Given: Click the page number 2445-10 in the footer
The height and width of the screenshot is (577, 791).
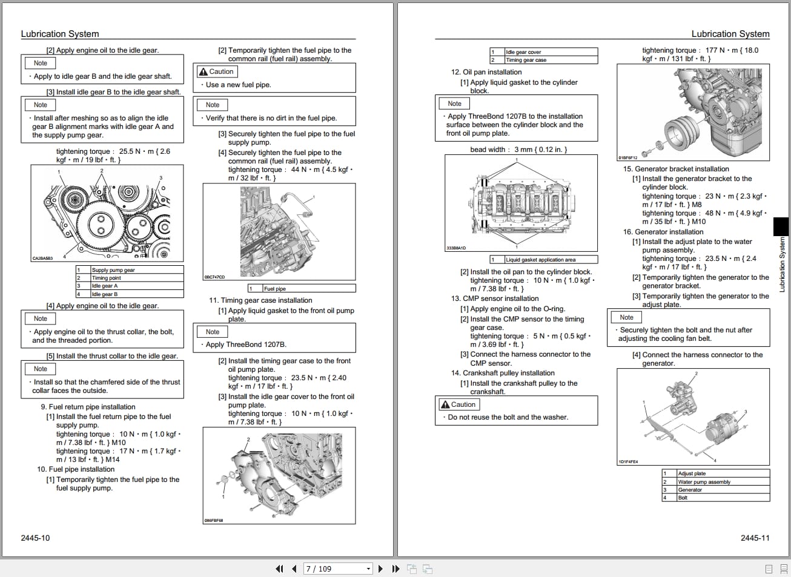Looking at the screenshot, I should click(x=35, y=538).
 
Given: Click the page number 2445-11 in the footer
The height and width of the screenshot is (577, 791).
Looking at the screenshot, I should click(x=755, y=538).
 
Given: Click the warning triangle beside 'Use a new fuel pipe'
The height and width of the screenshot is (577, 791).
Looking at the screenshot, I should click(x=203, y=71).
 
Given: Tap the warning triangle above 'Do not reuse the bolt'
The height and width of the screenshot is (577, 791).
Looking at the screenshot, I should click(x=445, y=404).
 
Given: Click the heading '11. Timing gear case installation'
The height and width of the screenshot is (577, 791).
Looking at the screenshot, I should click(x=260, y=300).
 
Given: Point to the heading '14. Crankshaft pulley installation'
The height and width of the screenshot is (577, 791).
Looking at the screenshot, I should click(x=503, y=373).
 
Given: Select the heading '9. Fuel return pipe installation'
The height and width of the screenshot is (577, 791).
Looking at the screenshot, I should click(x=88, y=407).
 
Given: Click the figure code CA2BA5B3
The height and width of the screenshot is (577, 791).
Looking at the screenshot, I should click(x=42, y=259).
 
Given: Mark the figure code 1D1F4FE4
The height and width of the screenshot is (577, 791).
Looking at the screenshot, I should click(x=628, y=462).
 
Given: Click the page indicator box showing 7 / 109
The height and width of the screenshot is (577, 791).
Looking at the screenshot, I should click(x=337, y=569).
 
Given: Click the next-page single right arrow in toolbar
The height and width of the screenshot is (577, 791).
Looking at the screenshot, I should click(x=380, y=569).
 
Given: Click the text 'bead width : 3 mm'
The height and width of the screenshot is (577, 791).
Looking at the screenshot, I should click(x=518, y=150).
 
